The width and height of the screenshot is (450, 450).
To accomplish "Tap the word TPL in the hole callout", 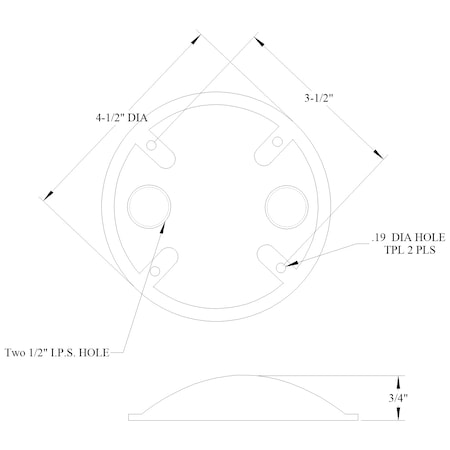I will coord(385,251).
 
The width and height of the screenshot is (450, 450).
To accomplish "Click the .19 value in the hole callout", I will coord(377,237).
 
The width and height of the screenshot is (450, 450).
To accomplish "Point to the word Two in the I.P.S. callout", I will coord(18,352).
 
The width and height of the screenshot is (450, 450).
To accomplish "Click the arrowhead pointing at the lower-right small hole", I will coord(291,265).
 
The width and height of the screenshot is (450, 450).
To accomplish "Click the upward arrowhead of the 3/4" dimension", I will coord(399,381).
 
